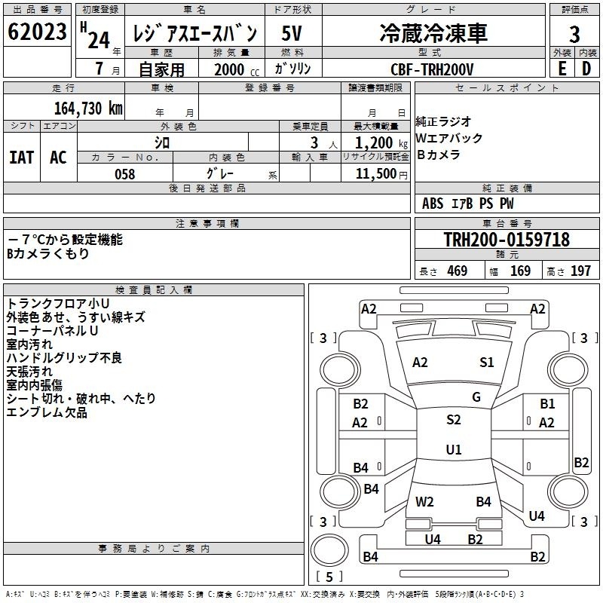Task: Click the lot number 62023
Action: point(37,34)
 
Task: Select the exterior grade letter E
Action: point(561,69)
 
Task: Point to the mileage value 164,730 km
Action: point(88,108)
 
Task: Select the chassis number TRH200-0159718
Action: point(506,240)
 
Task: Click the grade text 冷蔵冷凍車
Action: point(433,33)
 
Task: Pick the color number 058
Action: point(124,174)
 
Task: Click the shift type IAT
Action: point(21,158)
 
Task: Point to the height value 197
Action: point(580,271)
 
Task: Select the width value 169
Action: point(520,271)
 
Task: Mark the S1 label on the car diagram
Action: point(487,363)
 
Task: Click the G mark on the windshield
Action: point(476,396)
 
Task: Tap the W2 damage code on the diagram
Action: point(425,501)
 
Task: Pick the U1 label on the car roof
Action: point(454,450)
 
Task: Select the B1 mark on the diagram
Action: point(547,404)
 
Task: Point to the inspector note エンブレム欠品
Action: point(47,413)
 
